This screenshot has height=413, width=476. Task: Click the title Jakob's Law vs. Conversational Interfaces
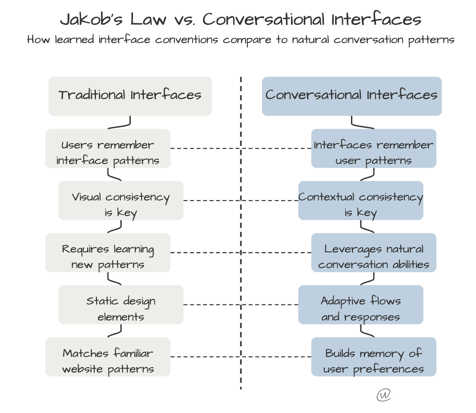tap(241, 20)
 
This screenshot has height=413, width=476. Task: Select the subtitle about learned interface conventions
tap(241, 40)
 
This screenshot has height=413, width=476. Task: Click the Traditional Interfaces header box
tap(130, 96)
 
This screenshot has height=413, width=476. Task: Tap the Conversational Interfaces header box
tap(351, 96)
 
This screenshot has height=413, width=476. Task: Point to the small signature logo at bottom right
tap(383, 395)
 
